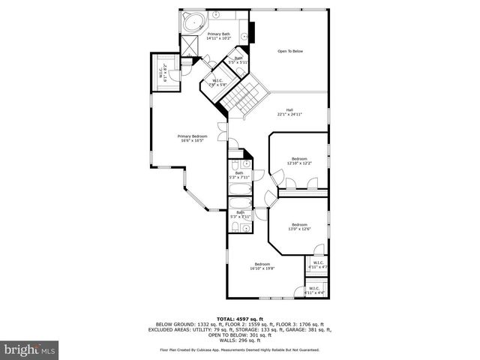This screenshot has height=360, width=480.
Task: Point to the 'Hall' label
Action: click(x=289, y=112)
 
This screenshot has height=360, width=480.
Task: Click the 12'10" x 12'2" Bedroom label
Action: click(x=299, y=160)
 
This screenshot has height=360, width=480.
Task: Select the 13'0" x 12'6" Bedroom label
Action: click(x=299, y=226)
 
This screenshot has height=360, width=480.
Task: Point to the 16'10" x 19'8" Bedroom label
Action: click(x=262, y=265)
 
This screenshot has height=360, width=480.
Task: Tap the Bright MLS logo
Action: click(x=30, y=349)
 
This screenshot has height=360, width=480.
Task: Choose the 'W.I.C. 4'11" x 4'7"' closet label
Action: click(x=317, y=264)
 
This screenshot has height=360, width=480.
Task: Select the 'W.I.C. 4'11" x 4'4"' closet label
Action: click(x=314, y=290)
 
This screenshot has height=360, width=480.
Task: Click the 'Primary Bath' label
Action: click(x=219, y=35)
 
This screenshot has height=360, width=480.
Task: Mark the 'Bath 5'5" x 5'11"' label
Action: click(x=238, y=59)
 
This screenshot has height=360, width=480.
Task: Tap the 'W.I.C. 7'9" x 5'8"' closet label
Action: click(x=217, y=82)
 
